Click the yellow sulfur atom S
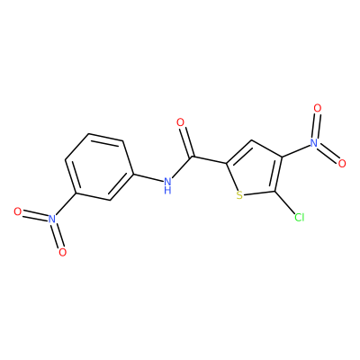(x=239, y=195)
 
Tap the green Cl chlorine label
(x=299, y=218)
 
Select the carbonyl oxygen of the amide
(x=180, y=122)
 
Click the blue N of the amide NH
(x=167, y=182)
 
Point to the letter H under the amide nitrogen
(x=167, y=190)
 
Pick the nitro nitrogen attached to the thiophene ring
(x=314, y=143)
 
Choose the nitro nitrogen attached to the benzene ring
(x=52, y=219)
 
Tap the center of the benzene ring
(x=99, y=166)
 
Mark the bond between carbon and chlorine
(x=285, y=202)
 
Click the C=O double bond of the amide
(x=187, y=142)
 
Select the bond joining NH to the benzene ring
(x=148, y=177)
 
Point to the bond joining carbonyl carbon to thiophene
(x=209, y=160)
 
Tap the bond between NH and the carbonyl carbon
(x=182, y=167)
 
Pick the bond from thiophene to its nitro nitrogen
(x=296, y=150)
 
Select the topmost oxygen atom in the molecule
(x=317, y=108)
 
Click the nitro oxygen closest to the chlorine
(x=342, y=164)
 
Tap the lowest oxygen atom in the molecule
(x=62, y=253)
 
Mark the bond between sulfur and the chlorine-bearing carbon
(x=259, y=193)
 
